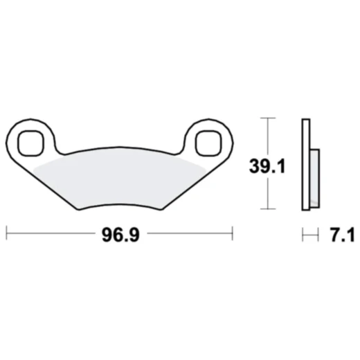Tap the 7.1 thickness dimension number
[341, 235]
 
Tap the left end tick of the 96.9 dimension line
[7, 235]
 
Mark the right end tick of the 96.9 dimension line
[233, 235]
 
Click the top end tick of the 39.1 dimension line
[267, 119]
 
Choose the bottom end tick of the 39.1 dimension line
[267, 209]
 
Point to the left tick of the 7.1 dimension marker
[302, 235]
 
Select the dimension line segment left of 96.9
[52, 235]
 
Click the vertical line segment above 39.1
[267, 136]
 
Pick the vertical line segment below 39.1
[267, 194]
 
